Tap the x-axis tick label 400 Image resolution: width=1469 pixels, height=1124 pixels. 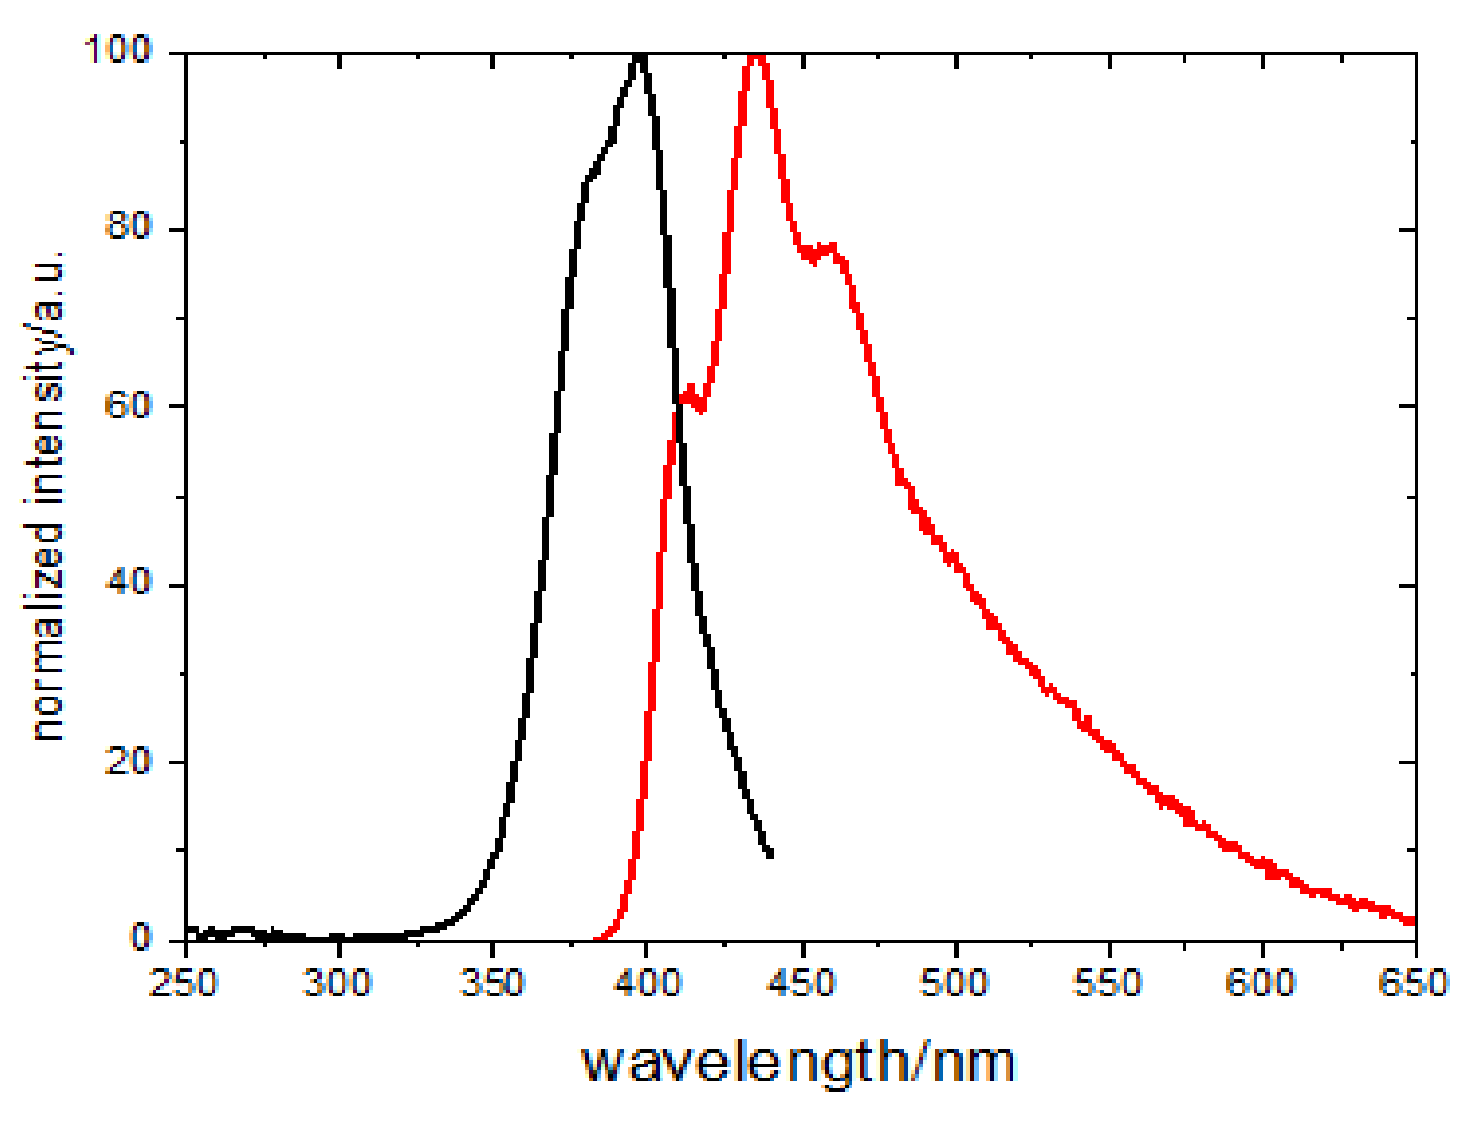click(x=647, y=983)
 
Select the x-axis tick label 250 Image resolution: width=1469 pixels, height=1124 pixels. click(x=184, y=983)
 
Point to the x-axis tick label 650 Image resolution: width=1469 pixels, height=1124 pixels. click(x=1412, y=983)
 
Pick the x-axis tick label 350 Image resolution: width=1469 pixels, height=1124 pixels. click(x=492, y=983)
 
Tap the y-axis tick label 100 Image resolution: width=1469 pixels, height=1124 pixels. click(x=117, y=50)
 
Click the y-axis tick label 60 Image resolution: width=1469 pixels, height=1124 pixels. click(x=128, y=406)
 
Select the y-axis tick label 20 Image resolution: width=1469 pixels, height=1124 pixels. click(x=128, y=761)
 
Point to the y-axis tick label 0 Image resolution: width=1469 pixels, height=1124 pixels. click(x=141, y=937)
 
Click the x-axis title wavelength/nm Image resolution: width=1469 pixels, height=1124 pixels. click(x=798, y=1062)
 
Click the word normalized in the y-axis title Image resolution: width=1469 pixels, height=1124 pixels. click(x=47, y=631)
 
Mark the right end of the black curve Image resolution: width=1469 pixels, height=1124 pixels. click(x=770, y=854)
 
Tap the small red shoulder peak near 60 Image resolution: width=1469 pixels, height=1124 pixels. click(x=690, y=391)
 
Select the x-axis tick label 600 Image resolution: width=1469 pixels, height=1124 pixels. click(x=1260, y=983)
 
